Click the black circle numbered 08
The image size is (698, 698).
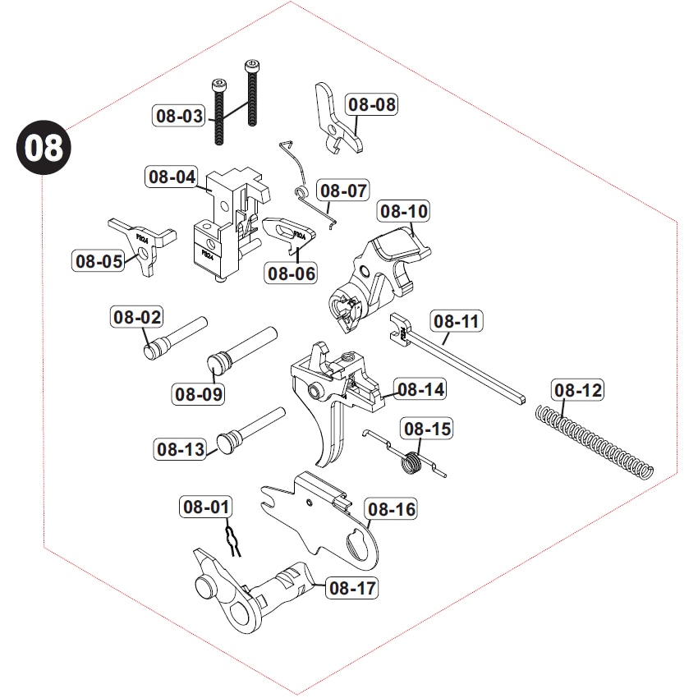pos(44,149)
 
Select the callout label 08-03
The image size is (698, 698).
pos(179,116)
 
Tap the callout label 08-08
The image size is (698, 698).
pos(371,104)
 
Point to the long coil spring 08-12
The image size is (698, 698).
pos(595,439)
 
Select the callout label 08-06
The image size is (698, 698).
pos(291,273)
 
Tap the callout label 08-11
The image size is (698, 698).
pos(458,321)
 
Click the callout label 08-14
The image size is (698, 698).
pos(420,389)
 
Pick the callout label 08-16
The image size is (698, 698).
pos(392,510)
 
